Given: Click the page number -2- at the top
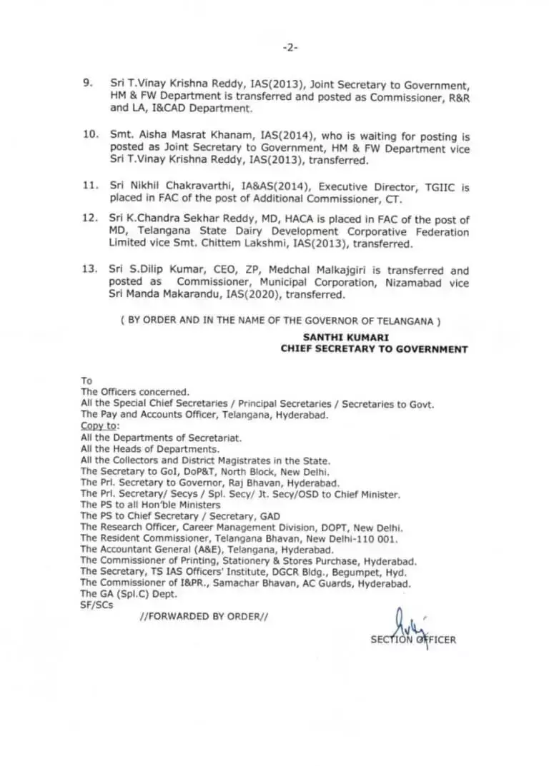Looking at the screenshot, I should [290, 48].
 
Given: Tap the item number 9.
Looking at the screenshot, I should [88, 84].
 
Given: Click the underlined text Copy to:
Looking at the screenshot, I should [99, 425].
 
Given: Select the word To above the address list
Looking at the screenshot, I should [86, 381].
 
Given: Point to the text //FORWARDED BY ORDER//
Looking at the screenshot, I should [204, 616].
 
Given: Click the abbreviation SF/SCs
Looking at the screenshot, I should [97, 605].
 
